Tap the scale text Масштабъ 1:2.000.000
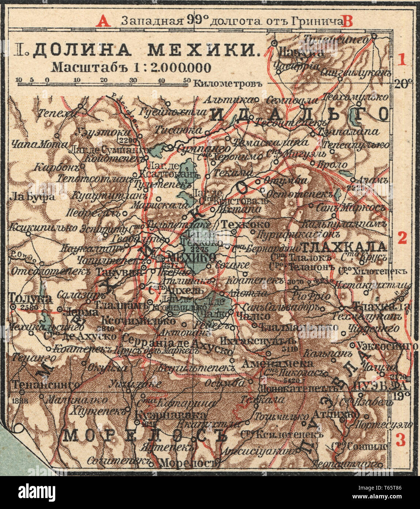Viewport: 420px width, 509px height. pos(131,67)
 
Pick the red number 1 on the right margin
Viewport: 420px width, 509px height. pos(402,59)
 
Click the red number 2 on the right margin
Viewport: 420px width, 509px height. pos(402,238)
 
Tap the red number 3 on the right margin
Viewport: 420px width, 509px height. pos(401,441)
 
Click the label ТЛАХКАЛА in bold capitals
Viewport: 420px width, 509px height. pos(343,246)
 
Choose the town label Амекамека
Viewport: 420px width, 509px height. pos(278,363)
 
